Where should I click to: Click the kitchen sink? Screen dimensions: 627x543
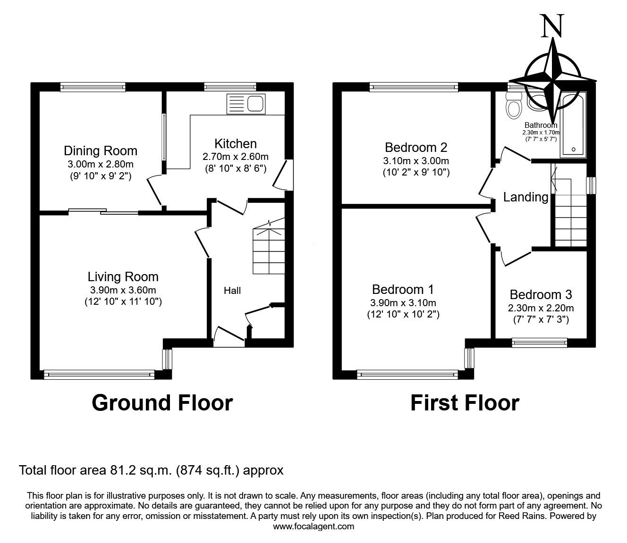click(x=246, y=104)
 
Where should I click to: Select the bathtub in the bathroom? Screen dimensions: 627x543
click(x=573, y=125)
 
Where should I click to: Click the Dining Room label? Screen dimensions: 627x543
click(x=101, y=150)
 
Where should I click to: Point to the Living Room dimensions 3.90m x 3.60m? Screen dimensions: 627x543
click(x=123, y=290)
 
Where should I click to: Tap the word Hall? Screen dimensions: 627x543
click(x=232, y=291)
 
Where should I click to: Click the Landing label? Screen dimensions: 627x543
click(x=525, y=197)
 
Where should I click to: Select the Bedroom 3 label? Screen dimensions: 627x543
click(x=541, y=294)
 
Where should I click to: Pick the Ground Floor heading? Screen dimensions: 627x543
click(x=162, y=403)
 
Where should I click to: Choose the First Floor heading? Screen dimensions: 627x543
click(x=465, y=403)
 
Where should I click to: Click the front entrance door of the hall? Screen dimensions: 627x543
click(x=229, y=336)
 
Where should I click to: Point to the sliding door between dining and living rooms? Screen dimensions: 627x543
click(x=103, y=211)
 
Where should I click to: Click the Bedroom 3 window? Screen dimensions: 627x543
click(x=540, y=343)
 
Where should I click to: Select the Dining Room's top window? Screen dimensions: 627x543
click(x=93, y=87)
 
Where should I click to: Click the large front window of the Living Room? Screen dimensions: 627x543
click(x=99, y=375)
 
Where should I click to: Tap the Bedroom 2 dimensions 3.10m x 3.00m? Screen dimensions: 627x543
click(x=416, y=161)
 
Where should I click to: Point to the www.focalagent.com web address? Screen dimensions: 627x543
click(x=313, y=526)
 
